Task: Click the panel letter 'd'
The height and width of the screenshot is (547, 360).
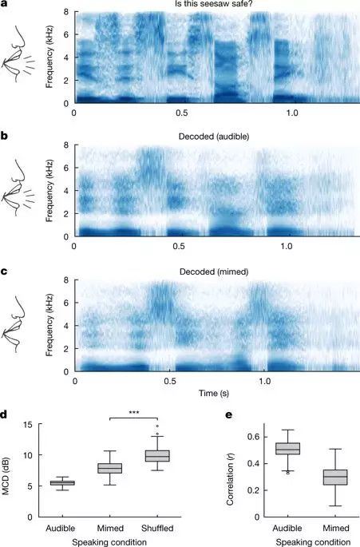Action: pyautogui.click(x=6, y=414)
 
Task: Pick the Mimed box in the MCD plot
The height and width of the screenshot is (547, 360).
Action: pyautogui.click(x=109, y=467)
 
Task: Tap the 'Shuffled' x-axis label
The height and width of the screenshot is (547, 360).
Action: pyautogui.click(x=156, y=528)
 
